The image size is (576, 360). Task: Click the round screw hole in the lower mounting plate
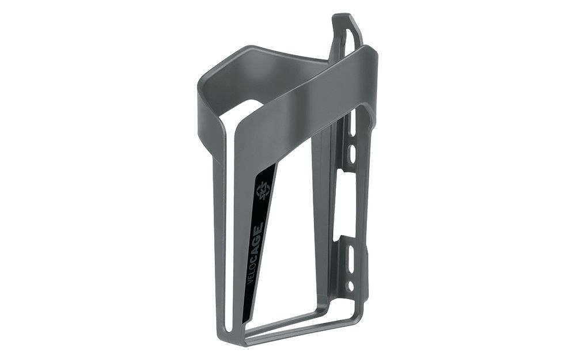click(350, 286)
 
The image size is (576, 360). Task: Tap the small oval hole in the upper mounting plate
click(353, 154)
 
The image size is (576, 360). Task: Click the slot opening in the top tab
click(348, 32)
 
